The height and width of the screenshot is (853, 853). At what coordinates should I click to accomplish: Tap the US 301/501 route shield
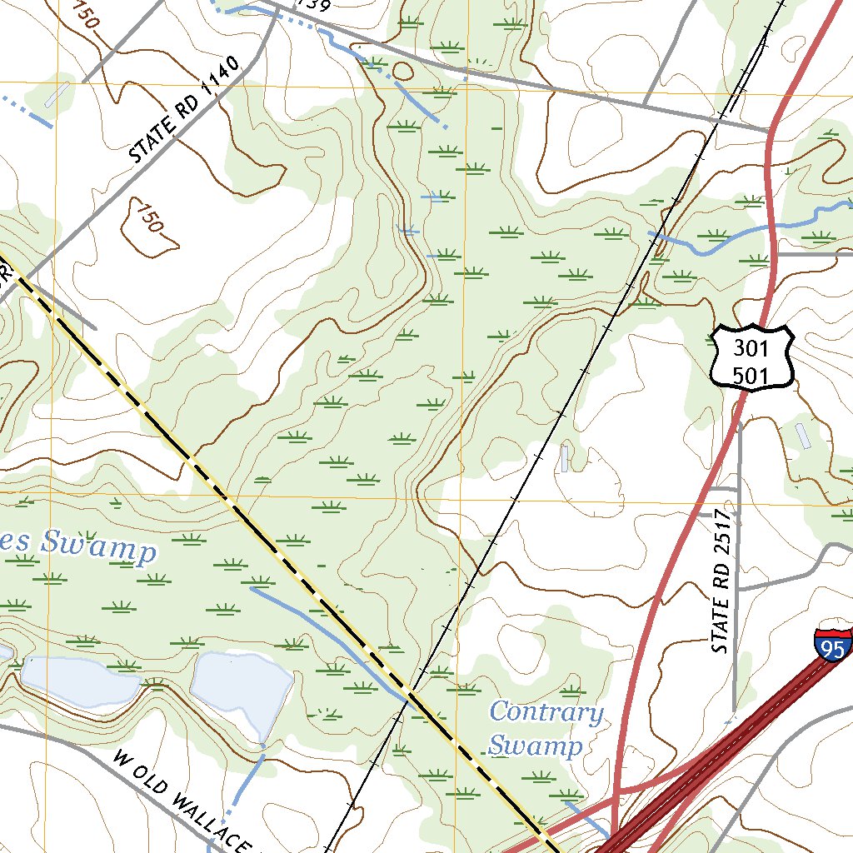tap(752, 357)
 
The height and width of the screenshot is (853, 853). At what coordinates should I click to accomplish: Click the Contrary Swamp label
tap(546, 728)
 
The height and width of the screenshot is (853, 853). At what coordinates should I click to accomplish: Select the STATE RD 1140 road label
tap(184, 109)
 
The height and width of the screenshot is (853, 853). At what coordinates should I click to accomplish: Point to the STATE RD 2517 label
tap(722, 581)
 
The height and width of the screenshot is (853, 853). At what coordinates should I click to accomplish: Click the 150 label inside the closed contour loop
tap(149, 219)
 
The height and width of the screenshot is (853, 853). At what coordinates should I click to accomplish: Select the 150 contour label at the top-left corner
tap(87, 13)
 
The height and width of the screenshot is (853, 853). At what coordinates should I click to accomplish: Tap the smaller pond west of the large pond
tap(79, 679)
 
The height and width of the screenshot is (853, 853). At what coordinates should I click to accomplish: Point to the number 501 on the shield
tap(751, 375)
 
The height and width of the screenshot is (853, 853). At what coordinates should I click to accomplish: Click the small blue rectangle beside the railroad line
tap(566, 458)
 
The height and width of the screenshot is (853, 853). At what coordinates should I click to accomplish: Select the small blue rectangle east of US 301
tap(802, 436)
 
